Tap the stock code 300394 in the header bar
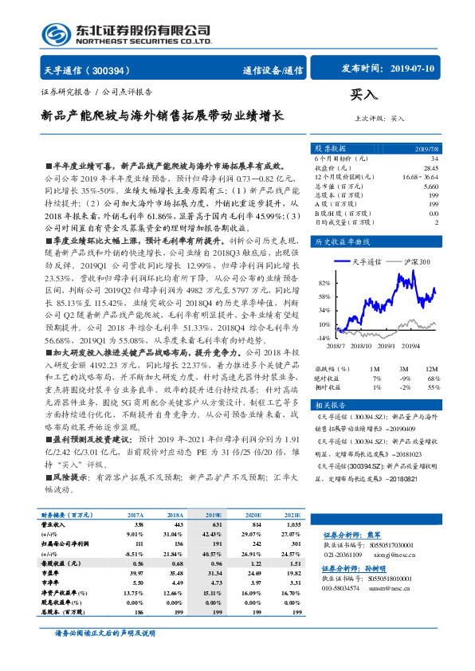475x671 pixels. [x=119, y=70]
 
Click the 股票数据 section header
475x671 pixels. [x=328, y=148]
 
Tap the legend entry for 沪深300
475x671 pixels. [x=413, y=261]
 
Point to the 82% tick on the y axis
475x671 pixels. [x=324, y=283]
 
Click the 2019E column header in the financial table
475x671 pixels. [x=214, y=516]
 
